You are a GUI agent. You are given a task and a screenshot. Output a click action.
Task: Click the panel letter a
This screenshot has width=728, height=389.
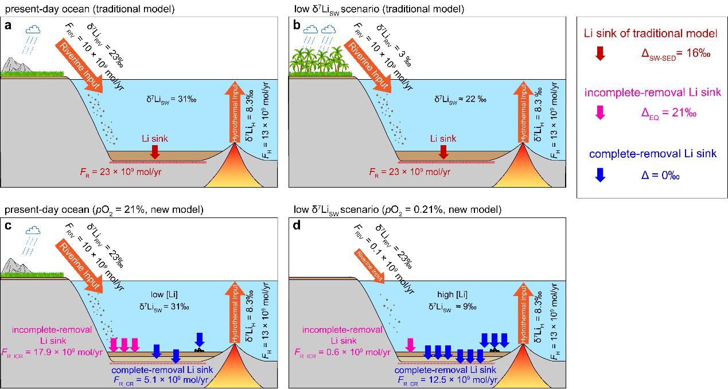click(x=7, y=25)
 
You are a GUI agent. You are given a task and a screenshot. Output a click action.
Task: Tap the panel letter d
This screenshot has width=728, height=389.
click(x=295, y=225)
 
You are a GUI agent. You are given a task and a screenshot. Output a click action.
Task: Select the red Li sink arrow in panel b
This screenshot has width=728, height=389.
click(x=443, y=151)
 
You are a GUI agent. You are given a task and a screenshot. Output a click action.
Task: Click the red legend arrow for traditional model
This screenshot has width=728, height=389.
click(x=600, y=53)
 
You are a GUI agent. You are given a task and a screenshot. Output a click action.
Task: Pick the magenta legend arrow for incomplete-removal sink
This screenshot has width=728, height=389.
click(x=600, y=113)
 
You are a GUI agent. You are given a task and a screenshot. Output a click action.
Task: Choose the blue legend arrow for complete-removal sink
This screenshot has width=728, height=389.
click(x=600, y=174)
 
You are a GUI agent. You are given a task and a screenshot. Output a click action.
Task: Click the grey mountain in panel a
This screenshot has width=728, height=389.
click(x=16, y=68)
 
